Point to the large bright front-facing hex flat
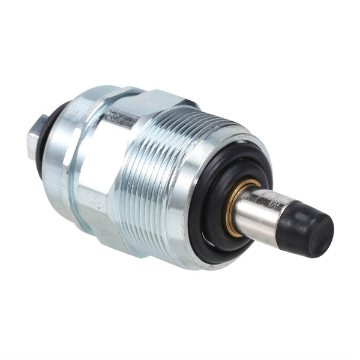coord(96,174)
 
